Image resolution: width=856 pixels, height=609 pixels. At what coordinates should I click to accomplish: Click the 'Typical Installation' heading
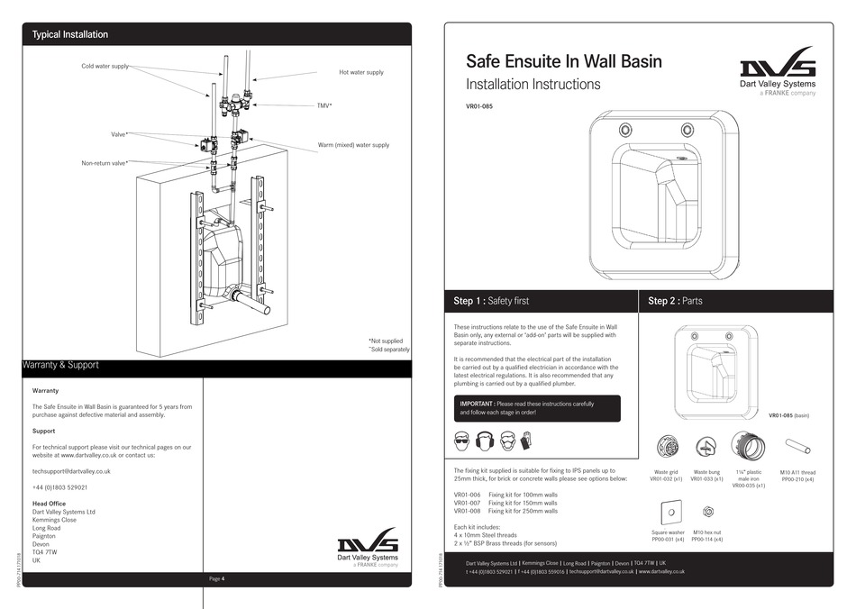(70, 34)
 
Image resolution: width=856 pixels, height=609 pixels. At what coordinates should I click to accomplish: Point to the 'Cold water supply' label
(105, 66)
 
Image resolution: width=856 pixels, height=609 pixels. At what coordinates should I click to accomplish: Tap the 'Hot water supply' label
(360, 72)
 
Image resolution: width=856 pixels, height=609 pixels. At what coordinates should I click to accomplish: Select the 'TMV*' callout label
(324, 105)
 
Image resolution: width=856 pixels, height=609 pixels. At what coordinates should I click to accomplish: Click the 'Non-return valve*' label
(105, 163)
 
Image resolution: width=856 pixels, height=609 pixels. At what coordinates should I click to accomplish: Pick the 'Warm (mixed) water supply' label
(353, 144)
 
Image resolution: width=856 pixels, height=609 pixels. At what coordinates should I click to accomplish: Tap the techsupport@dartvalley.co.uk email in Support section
(71, 470)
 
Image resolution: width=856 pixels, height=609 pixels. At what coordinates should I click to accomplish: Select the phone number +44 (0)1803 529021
(59, 487)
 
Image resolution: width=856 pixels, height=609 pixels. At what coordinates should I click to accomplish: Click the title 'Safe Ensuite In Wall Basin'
(563, 61)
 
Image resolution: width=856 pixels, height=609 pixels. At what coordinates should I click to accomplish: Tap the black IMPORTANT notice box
(537, 408)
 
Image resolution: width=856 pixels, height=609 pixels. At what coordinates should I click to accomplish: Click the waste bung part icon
(706, 447)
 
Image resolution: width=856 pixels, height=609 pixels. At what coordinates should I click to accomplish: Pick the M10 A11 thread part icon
(797, 446)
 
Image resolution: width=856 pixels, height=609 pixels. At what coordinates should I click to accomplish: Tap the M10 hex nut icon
(707, 513)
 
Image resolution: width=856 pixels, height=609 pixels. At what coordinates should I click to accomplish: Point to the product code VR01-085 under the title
(479, 105)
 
